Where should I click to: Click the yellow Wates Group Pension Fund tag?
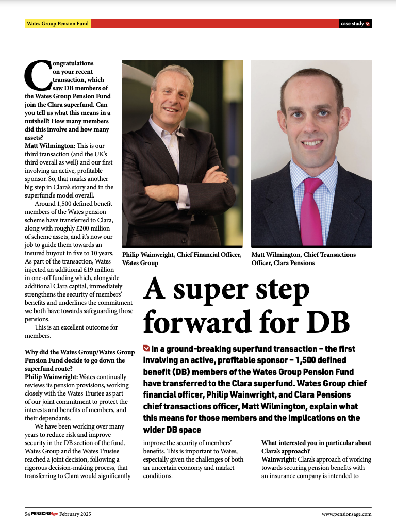pos(58,24)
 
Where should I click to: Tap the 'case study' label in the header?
pos(353,24)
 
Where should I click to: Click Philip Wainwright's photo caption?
pos(181,259)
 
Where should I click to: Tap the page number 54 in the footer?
pos(28,514)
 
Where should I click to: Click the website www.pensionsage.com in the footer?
pos(346,514)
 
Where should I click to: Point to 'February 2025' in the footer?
pos(75,514)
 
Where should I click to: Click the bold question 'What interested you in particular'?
pos(316,443)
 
